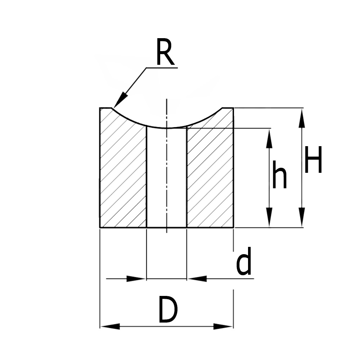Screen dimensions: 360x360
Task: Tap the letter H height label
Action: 312,159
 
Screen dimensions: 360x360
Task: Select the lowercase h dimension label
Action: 279,175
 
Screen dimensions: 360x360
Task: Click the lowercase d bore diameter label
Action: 244,264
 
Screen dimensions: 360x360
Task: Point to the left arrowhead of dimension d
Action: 137,279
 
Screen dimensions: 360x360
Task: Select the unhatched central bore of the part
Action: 167,180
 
